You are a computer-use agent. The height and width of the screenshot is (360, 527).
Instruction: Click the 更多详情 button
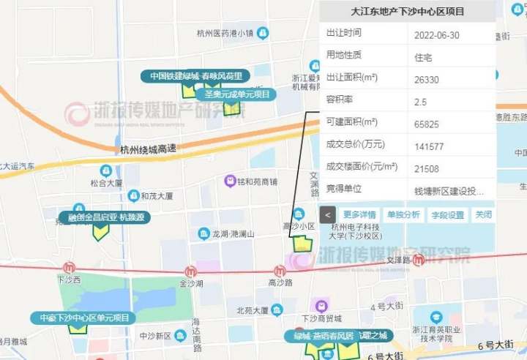click(359, 215)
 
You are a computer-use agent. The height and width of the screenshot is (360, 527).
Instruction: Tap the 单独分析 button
click(403, 215)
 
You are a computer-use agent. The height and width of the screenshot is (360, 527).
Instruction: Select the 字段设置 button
click(447, 215)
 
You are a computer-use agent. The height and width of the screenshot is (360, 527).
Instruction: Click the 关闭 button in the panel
click(483, 215)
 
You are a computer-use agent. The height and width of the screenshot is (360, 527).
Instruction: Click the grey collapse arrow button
click(328, 215)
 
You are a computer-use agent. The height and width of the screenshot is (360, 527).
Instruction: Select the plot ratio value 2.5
click(420, 101)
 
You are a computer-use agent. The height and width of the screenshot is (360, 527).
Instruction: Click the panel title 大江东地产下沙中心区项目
click(408, 12)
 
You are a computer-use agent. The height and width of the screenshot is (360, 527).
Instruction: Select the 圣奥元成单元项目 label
click(237, 94)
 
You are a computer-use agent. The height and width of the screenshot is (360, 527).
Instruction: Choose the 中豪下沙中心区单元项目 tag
click(83, 318)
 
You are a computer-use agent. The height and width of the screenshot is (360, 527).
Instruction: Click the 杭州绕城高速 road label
click(148, 149)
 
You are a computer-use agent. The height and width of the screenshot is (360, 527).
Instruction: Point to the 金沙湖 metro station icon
click(191, 271)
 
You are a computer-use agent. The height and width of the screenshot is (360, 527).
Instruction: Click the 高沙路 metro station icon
click(280, 271)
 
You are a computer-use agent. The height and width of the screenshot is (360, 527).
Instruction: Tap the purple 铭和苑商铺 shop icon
click(230, 181)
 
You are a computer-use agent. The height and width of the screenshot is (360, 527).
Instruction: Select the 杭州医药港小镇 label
click(225, 34)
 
